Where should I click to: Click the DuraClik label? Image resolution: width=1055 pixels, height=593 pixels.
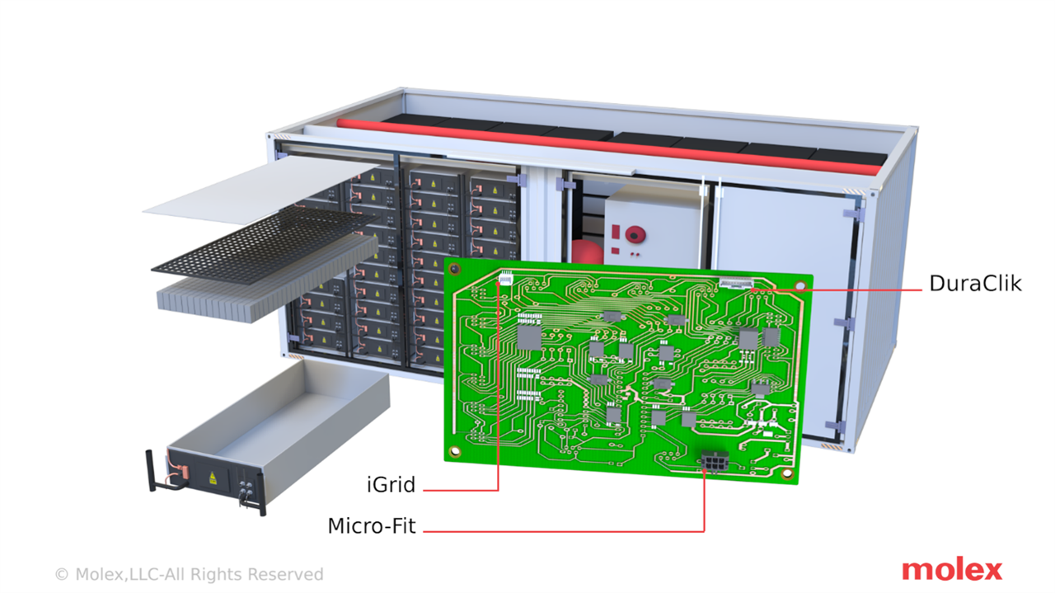[x=975, y=284]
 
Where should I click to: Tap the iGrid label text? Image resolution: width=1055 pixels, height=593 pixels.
[x=391, y=485]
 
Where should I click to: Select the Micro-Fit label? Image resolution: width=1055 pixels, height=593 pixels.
[x=372, y=526]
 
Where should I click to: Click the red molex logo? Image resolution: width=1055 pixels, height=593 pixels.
[x=952, y=571]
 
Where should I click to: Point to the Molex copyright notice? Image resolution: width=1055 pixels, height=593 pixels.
[x=190, y=574]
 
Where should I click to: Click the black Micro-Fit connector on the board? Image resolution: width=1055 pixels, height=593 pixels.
[x=715, y=460]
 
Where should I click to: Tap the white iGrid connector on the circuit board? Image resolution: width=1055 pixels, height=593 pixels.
[x=505, y=278]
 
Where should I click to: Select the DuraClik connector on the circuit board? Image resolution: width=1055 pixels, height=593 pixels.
[x=736, y=283]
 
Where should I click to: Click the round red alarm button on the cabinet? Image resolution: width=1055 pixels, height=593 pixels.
[x=635, y=234]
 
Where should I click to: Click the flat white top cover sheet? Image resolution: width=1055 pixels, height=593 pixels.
[x=262, y=190]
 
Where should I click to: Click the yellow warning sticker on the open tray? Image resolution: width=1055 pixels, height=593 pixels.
[x=213, y=478]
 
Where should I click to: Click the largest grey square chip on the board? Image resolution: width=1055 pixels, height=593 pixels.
[x=529, y=337]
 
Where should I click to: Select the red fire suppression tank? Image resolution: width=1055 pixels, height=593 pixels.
[x=588, y=252]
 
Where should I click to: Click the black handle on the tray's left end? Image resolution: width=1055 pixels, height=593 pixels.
[x=151, y=470]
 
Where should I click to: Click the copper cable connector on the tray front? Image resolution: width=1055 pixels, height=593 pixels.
[x=185, y=473]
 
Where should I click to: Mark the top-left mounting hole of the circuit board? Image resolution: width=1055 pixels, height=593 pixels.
[x=454, y=270]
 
